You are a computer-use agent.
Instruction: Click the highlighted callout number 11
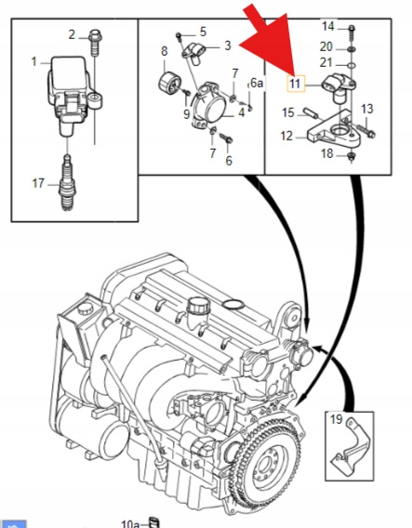point(296,83)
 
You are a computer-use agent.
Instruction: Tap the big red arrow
point(270,40)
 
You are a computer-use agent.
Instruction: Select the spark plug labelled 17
point(68,183)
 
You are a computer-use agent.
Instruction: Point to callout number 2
point(72,34)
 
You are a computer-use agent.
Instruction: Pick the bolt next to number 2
point(96,43)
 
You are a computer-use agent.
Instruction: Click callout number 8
point(164,51)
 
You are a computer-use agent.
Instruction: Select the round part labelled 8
point(169,83)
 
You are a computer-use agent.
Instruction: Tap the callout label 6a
point(257,83)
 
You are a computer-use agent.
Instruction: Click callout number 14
point(327,26)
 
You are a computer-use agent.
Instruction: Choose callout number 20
point(326,46)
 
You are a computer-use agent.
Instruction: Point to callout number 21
point(326,62)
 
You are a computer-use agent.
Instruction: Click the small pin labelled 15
point(311,112)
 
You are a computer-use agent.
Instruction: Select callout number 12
point(286,136)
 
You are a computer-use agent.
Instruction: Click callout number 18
point(327,153)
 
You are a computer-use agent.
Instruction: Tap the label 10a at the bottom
point(130,523)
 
